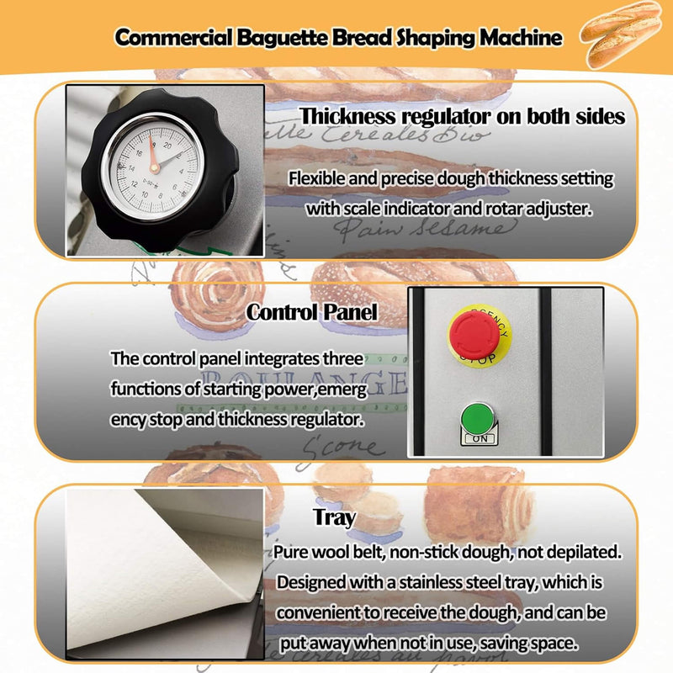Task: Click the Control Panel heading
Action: [x=312, y=312]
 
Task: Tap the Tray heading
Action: [x=334, y=517]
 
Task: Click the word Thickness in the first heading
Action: [x=349, y=115]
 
